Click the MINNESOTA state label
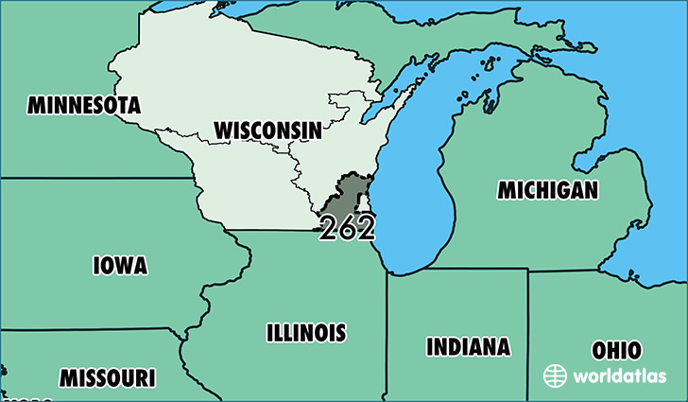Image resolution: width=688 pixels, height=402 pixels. [84, 105]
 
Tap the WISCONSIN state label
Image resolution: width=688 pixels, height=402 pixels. [267, 130]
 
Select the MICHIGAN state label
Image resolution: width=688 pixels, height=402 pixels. [548, 190]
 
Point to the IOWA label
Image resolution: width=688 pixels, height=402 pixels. [120, 266]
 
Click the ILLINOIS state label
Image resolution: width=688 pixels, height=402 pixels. [305, 333]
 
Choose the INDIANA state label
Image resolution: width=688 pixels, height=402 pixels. [468, 346]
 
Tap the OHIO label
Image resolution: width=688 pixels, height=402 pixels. [616, 350]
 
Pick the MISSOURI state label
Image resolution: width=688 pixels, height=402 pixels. [107, 378]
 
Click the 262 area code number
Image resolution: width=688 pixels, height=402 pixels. [347, 228]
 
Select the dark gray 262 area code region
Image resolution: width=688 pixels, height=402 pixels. [348, 194]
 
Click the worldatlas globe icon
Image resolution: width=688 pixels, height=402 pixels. [555, 376]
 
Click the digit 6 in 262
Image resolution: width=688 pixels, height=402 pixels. [347, 228]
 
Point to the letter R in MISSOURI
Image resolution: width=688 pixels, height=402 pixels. [139, 378]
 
